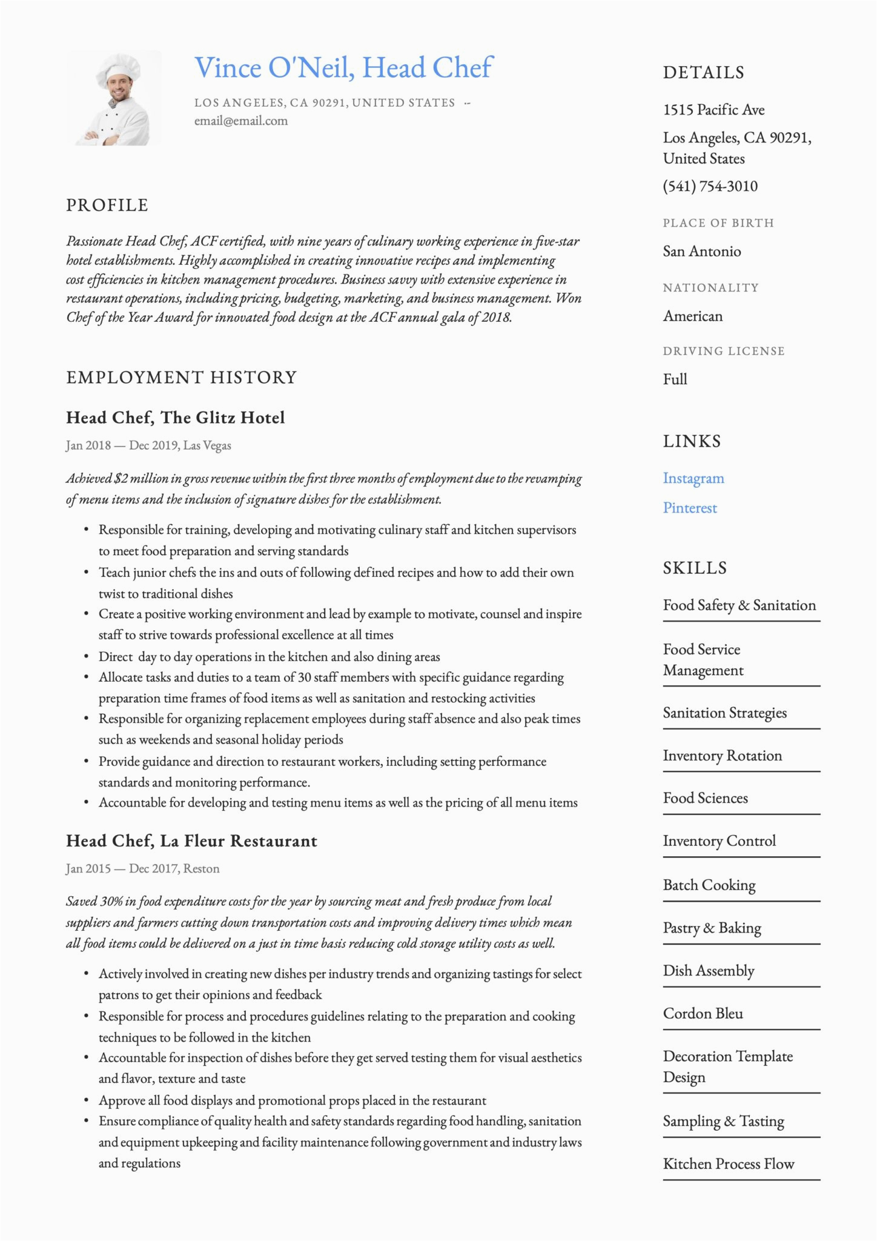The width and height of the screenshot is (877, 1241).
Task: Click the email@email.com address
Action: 241,121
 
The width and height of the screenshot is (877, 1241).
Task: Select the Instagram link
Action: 693,478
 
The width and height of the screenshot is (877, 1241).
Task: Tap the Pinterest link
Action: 690,508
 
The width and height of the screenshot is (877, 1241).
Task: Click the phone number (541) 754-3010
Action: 710,186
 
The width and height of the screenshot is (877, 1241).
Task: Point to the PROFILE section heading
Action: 107,205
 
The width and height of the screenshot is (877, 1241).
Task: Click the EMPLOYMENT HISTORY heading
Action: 181,378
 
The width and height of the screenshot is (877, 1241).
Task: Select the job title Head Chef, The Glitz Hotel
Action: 175,418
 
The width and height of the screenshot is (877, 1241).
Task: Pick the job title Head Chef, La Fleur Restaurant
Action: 191,841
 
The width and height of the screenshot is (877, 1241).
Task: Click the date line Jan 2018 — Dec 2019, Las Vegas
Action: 148,445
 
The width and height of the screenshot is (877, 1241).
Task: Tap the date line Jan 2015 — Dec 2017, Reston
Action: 142,868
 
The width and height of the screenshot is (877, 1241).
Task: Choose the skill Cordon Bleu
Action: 703,1014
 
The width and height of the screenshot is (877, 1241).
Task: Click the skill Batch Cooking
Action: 709,885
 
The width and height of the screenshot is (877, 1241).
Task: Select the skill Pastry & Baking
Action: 712,928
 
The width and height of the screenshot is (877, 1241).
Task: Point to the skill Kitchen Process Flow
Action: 729,1164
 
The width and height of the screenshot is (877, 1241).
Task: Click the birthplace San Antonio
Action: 701,251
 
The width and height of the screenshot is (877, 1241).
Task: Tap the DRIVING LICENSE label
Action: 723,351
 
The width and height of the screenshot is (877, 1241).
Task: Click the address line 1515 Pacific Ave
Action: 713,110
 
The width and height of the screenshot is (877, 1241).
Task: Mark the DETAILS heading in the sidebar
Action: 703,73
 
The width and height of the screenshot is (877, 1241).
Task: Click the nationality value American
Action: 692,316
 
